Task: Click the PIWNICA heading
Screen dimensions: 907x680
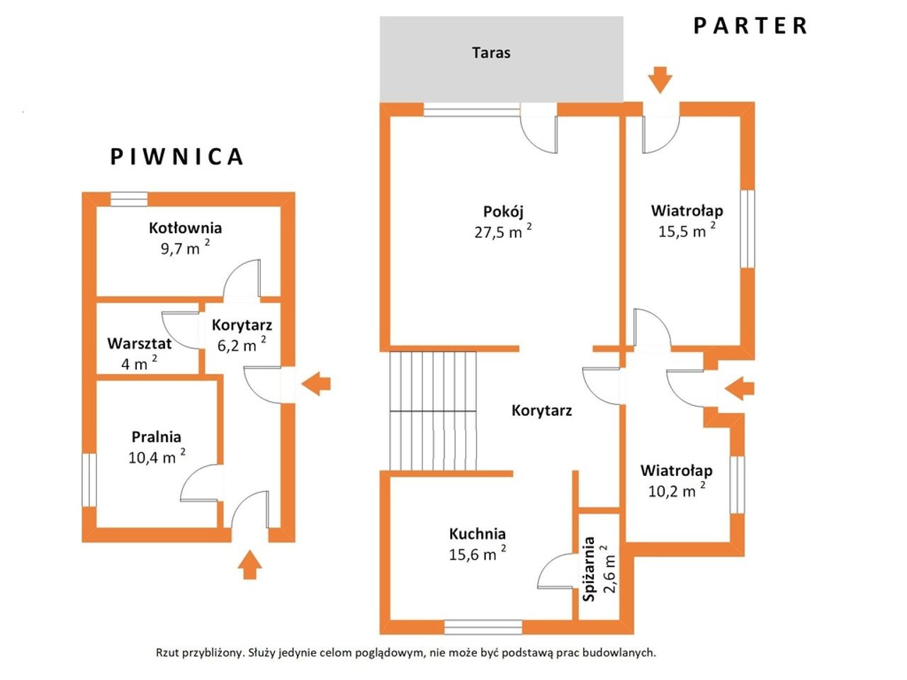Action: click(x=176, y=157)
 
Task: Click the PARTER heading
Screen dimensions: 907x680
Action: click(x=750, y=25)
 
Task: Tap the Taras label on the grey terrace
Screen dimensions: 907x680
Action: click(x=491, y=53)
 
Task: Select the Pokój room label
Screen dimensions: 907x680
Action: click(x=503, y=212)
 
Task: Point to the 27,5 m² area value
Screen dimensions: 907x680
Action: click(x=503, y=232)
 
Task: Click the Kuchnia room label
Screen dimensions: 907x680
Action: click(x=478, y=534)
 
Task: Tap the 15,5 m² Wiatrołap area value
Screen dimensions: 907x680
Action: click(x=687, y=230)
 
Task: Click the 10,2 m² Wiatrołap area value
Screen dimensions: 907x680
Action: click(x=677, y=490)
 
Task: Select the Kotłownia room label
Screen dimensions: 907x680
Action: click(x=185, y=228)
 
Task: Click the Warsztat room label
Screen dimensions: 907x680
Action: click(x=140, y=344)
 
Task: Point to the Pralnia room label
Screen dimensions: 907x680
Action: click(x=156, y=437)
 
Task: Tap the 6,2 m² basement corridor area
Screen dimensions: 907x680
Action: click(x=242, y=344)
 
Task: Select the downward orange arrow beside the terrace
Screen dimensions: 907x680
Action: click(x=660, y=80)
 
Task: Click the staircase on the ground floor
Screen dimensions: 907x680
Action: click(x=433, y=411)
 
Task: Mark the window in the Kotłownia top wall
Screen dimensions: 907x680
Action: click(x=129, y=199)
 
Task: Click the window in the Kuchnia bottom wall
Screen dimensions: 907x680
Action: click(x=483, y=627)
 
